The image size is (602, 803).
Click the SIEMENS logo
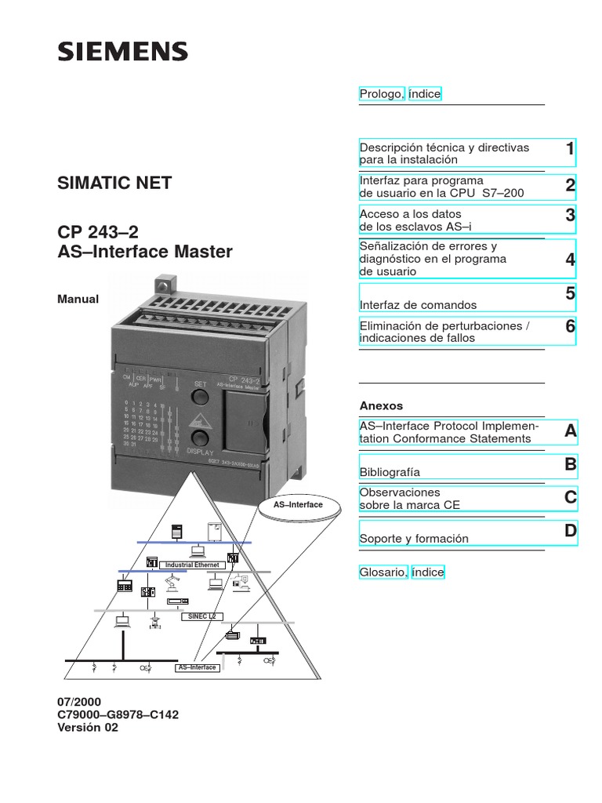(122, 52)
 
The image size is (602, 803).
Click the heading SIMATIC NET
(114, 183)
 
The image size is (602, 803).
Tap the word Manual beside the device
(78, 299)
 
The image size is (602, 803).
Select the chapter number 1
(570, 149)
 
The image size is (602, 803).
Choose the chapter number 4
(570, 260)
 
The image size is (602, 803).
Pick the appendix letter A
(570, 431)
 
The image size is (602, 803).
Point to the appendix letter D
(570, 532)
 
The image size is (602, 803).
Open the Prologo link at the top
(382, 94)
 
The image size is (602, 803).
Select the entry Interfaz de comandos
(418, 305)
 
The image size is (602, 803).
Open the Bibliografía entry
(390, 472)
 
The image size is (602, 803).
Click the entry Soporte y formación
(414, 539)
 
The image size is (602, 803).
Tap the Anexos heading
(381, 406)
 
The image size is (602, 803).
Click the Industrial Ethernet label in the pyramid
(192, 565)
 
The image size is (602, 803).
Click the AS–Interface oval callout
(298, 505)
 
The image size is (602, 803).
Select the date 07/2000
(79, 702)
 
